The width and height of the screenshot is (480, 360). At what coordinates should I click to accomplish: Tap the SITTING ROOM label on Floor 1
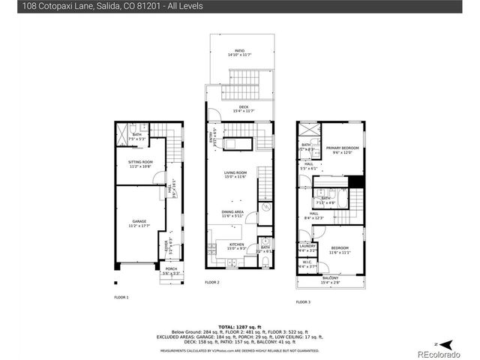[x=140, y=163]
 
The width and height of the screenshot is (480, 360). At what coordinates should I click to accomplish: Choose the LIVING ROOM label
[x=235, y=174]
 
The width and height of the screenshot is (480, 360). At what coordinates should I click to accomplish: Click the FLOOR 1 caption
[x=121, y=298]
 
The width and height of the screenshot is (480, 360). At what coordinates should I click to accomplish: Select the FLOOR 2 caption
[x=212, y=283]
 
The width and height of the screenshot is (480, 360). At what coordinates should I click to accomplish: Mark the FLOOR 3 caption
[x=302, y=301]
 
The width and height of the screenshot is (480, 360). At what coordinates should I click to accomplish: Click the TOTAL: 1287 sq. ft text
[x=240, y=327]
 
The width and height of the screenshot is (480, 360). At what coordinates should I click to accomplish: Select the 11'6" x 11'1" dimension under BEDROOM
[x=340, y=253]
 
